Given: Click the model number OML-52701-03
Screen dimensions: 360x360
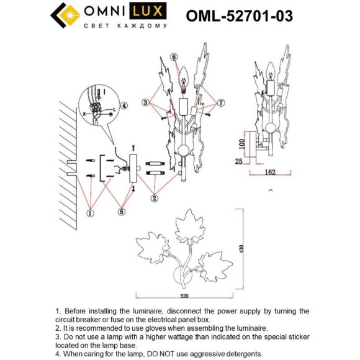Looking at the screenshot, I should pyautogui.click(x=240, y=16).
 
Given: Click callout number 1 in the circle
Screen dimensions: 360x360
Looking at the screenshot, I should pyautogui.click(x=89, y=213).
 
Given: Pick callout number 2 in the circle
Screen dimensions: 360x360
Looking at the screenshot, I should pyautogui.click(x=153, y=199).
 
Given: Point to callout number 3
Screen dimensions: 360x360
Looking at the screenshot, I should pyautogui.click(x=145, y=102).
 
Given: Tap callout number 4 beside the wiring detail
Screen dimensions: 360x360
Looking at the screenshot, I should pyautogui.click(x=124, y=106).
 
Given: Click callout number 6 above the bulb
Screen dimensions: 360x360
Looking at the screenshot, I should pyautogui.click(x=174, y=57).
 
